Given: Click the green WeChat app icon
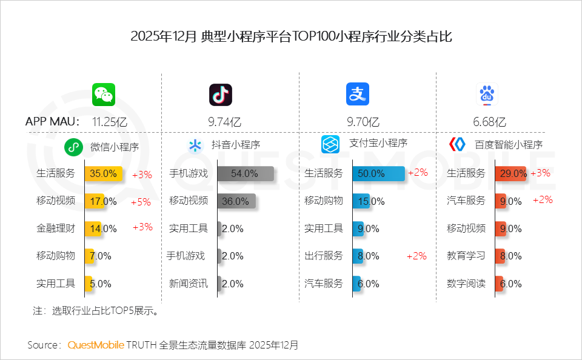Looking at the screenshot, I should pos(104,94).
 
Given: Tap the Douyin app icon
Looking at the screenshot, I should pos(221,94).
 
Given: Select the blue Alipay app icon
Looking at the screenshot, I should pos(358,94).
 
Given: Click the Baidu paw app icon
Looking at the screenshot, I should pos(486,94).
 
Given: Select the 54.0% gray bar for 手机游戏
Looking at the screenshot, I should pos(246,173).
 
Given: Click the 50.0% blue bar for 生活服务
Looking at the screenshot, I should pos(378,173).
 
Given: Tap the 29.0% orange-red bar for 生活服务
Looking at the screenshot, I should pos(510,173).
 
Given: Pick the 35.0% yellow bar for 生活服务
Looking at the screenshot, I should pos(104,173).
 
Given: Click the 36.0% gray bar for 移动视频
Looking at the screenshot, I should pos(236,201).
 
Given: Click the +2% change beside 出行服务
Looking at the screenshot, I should pos(416,256).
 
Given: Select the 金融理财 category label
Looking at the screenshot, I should pos(56,228).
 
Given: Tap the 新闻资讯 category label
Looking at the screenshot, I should pos(188,284).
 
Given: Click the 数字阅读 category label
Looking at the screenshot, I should pos(466,284).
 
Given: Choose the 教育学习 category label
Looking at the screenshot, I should pos(466,256).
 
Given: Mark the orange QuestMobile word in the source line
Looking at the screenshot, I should pos(95,345).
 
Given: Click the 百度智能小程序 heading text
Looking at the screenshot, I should pos(508,145).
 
